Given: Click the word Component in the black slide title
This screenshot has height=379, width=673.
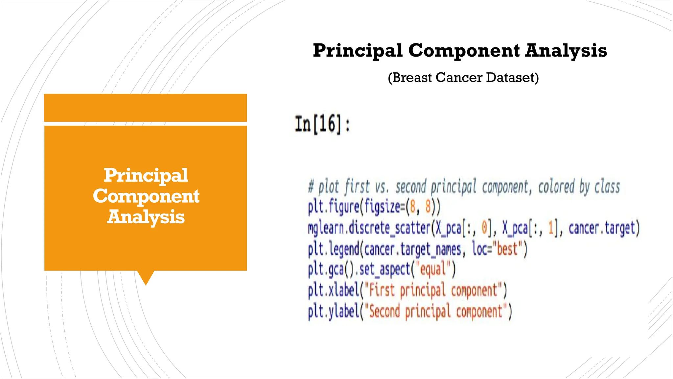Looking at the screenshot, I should (464, 51).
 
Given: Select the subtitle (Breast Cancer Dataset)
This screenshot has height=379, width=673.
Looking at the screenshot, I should (463, 78).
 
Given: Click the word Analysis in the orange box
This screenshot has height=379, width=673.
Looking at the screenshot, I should (146, 217).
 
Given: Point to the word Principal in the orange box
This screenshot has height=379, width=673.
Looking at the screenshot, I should (146, 175).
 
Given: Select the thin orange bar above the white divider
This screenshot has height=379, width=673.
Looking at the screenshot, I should (146, 108).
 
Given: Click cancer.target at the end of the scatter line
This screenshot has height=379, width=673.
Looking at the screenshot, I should (602, 228).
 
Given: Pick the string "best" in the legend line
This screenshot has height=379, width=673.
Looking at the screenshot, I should (507, 249).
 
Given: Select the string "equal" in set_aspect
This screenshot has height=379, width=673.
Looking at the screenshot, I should (433, 269).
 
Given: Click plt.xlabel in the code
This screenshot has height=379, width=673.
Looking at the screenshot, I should (333, 291).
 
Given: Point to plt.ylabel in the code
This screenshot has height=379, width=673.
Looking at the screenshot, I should (333, 311).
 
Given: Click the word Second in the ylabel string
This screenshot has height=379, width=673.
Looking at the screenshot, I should (384, 311).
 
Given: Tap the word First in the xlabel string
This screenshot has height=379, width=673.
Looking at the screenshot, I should (382, 291).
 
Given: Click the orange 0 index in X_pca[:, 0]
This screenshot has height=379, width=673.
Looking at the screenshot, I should (484, 228).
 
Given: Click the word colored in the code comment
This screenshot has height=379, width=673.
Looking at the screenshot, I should (556, 187).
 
